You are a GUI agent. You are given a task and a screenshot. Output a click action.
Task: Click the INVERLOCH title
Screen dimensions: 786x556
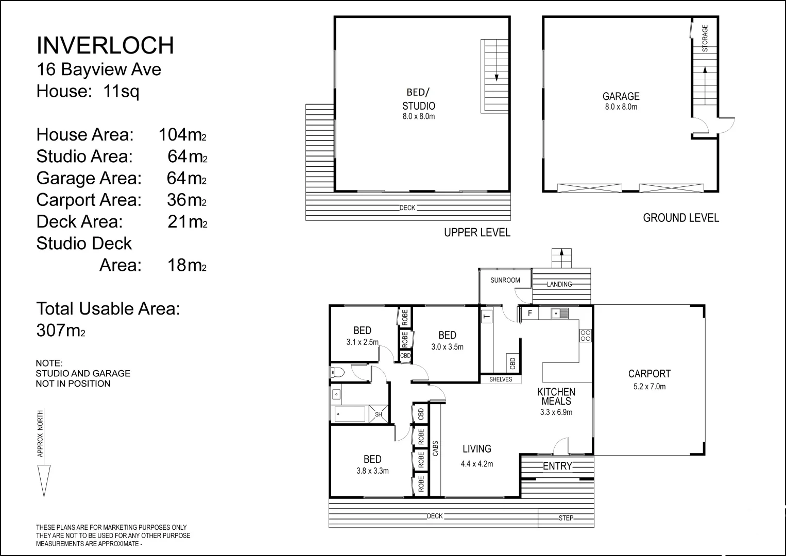point(105,46)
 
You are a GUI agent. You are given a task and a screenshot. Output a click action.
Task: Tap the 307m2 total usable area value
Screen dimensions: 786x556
point(61,331)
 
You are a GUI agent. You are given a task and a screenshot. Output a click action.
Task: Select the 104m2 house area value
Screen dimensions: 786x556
point(182,135)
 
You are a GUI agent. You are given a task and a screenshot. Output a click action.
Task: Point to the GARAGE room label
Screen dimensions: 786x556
point(621,96)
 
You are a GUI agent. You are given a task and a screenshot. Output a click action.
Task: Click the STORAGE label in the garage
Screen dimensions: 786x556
point(705,38)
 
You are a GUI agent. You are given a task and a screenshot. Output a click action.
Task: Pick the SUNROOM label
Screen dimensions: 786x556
point(505,280)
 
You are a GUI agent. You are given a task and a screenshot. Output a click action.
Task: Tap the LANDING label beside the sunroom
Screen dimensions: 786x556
point(559,284)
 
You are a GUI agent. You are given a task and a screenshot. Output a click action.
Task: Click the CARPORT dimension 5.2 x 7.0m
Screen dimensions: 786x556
point(650,387)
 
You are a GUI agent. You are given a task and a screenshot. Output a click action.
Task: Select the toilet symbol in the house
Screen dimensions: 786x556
point(337,372)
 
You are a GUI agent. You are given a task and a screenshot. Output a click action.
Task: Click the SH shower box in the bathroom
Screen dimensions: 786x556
point(378,414)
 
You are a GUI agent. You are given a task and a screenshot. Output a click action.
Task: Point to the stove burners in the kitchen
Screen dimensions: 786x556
point(585,335)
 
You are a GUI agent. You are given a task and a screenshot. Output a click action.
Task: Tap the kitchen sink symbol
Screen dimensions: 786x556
point(559,313)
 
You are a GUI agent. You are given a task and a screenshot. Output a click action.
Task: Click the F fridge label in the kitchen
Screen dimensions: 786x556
point(530,313)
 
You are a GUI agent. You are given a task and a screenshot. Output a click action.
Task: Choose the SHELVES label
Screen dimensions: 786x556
point(501,379)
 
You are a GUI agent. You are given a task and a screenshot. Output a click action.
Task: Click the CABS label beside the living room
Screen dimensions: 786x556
point(435,448)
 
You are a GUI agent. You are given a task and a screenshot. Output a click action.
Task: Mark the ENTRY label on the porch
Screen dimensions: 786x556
point(557,466)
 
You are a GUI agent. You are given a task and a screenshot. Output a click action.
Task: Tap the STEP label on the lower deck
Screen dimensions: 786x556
point(566,518)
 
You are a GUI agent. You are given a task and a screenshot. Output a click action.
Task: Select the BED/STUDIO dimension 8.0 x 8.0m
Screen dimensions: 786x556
point(419,116)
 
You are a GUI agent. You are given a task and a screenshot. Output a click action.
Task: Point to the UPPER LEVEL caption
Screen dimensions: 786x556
point(477,232)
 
